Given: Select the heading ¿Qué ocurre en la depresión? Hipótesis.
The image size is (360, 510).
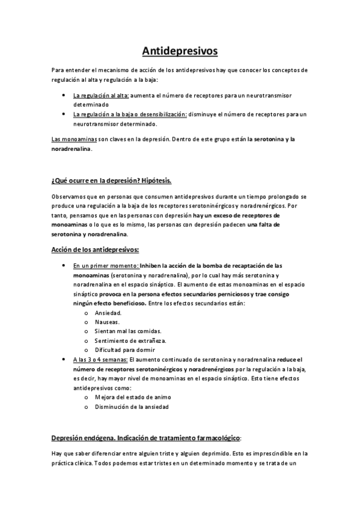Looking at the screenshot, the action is tap(112, 180).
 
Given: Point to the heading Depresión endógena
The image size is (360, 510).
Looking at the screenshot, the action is tap(88, 438).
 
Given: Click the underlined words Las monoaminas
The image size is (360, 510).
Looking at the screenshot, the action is tap(71, 140).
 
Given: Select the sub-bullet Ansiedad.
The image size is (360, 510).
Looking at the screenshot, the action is tap(108, 313).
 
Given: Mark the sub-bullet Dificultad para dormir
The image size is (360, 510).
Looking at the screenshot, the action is tap(125, 349).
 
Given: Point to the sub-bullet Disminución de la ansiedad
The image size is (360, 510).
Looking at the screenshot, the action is tap(132, 407).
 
